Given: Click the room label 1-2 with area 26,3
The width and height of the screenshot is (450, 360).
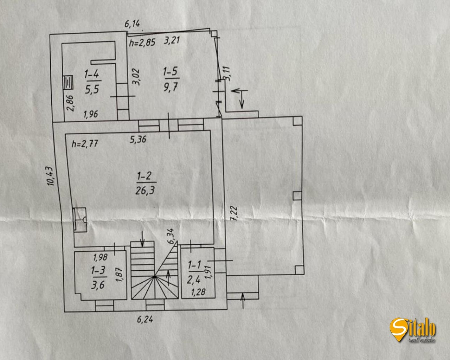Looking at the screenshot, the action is (146, 183).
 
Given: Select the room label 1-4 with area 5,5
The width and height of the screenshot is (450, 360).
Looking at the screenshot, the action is (92, 82).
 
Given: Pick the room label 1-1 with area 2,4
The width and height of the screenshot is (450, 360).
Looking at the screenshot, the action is (195, 271).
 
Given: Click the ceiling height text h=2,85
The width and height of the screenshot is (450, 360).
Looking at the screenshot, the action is (142, 44).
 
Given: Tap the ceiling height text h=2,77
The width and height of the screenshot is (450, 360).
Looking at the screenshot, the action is (84, 143).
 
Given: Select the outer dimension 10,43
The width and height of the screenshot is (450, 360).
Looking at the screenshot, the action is (51, 175).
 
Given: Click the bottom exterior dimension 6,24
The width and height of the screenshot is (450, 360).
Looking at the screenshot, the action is (145, 320).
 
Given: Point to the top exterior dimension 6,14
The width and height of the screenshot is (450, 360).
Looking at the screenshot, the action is (133, 24).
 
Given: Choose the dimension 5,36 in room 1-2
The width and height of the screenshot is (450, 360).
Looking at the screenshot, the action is (138, 140).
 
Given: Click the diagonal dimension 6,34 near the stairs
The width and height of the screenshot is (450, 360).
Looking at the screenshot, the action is (172, 236).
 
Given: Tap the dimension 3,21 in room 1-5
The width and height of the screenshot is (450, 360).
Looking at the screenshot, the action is (172, 40).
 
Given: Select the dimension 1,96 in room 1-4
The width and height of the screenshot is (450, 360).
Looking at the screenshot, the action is (91, 114).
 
